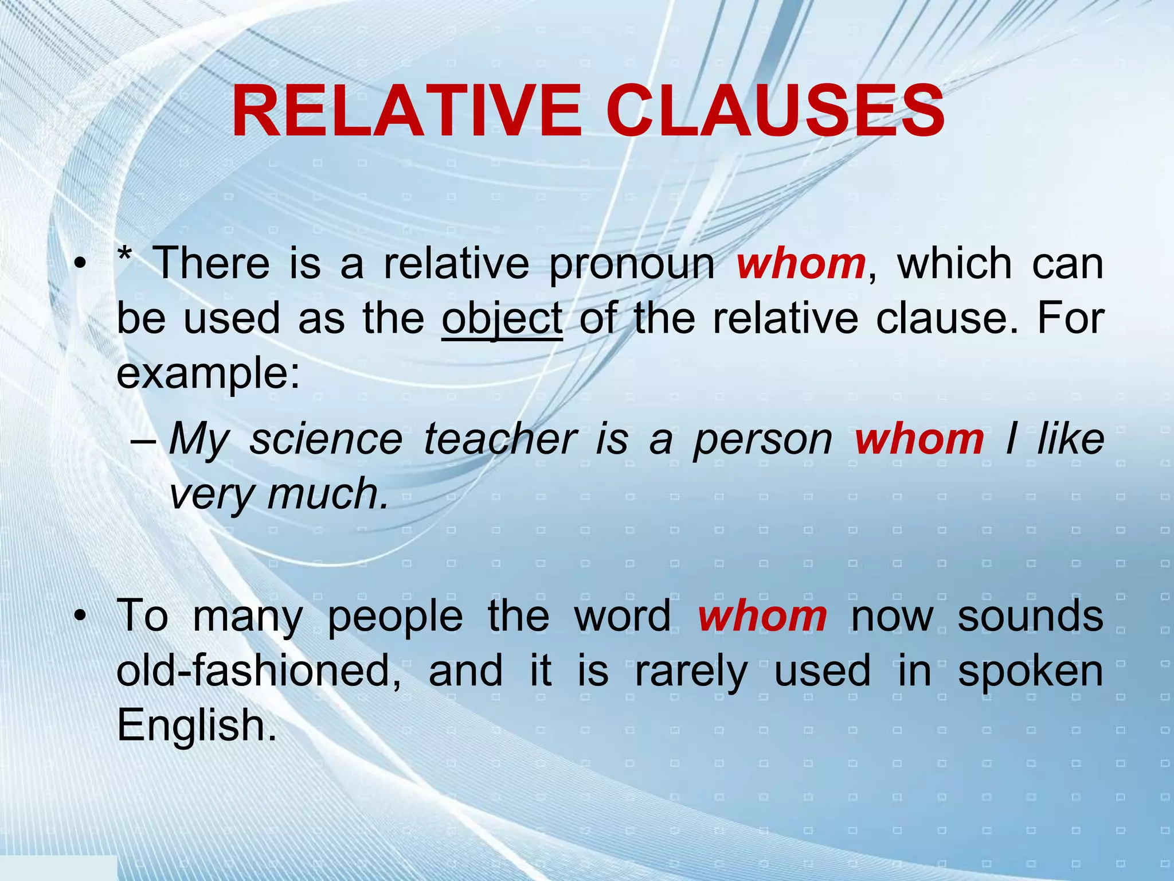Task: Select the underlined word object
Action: pyautogui.click(x=502, y=319)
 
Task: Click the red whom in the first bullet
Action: pyautogui.click(x=801, y=264)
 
